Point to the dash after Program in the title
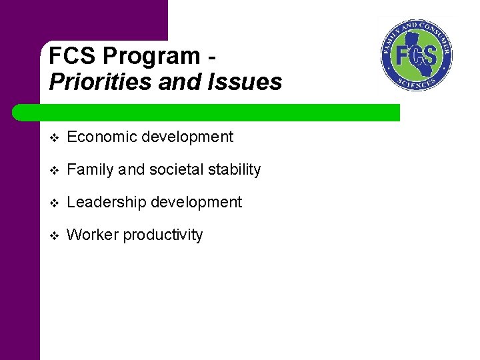[211, 56]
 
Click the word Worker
[90, 235]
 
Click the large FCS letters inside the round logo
[417, 55]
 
